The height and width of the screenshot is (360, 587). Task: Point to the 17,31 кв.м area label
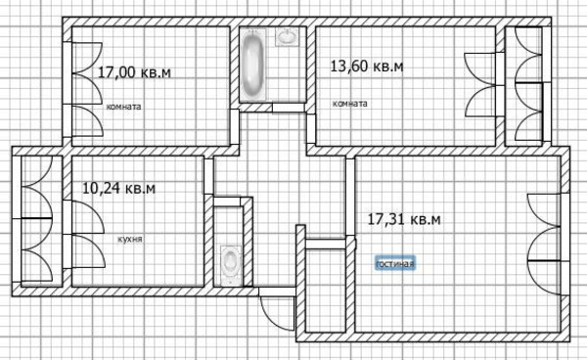(x=403, y=220)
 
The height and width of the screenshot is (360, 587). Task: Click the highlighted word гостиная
(x=396, y=263)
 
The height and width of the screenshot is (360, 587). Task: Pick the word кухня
(x=116, y=238)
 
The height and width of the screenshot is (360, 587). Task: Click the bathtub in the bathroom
(x=254, y=65)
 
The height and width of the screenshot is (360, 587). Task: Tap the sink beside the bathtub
(x=288, y=39)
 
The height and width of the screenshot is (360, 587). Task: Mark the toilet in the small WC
(x=231, y=261)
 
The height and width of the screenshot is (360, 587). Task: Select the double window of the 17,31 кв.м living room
(x=543, y=241)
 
